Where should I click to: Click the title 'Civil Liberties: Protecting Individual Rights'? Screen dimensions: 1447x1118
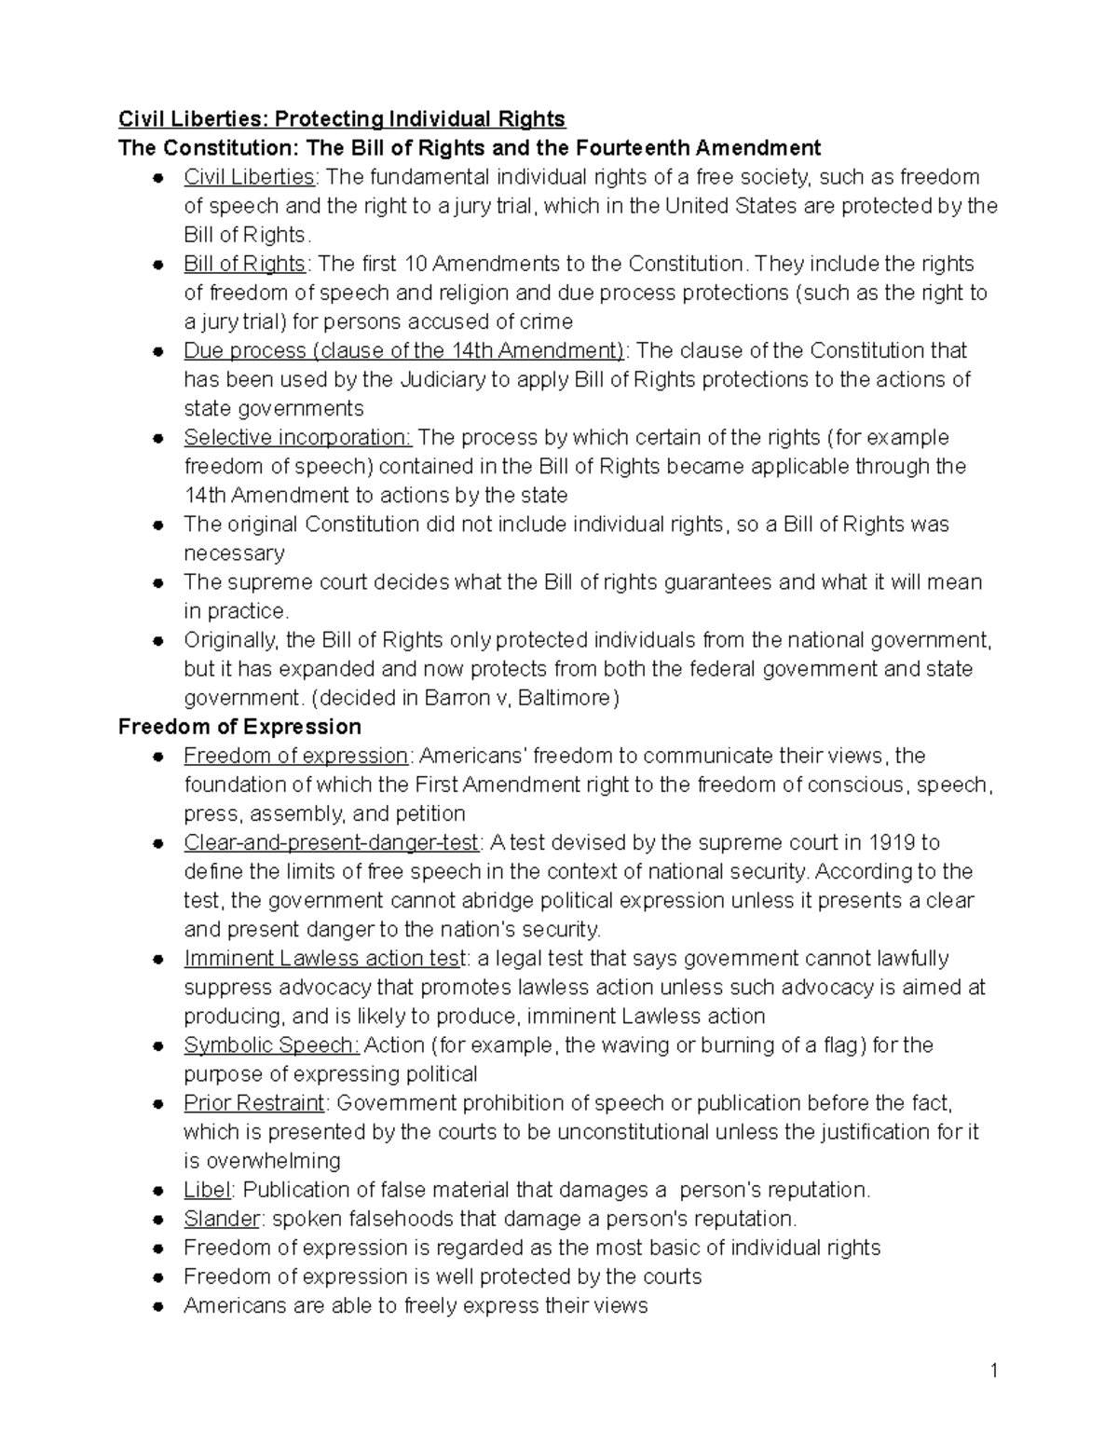click(341, 119)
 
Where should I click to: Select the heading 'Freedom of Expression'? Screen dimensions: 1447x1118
click(239, 727)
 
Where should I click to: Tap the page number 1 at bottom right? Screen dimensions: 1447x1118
click(994, 1370)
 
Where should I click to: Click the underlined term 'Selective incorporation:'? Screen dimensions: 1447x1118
click(297, 438)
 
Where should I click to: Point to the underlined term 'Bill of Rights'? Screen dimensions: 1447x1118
click(244, 264)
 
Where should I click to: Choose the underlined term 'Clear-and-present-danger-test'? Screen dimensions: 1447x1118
click(332, 843)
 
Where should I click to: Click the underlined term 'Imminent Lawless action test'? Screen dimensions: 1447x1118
click(324, 959)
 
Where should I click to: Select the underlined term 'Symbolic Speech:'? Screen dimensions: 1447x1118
click(270, 1045)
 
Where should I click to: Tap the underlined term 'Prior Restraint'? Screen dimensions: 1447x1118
click(253, 1103)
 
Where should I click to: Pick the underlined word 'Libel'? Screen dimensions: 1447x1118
click(207, 1190)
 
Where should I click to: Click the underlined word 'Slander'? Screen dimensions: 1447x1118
click(221, 1219)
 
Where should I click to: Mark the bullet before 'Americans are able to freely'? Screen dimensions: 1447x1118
click(160, 1306)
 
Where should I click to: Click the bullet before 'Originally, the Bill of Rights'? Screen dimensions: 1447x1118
click(160, 641)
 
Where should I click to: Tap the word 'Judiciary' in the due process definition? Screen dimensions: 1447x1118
click(443, 380)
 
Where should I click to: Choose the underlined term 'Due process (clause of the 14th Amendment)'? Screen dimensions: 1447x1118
click(403, 351)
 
